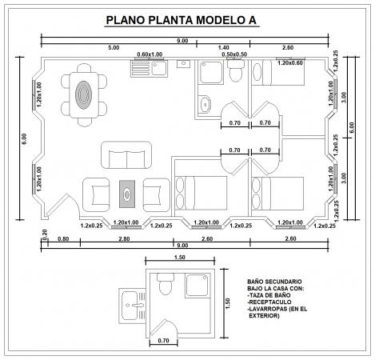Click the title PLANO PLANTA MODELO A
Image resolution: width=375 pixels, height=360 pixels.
[x=182, y=20]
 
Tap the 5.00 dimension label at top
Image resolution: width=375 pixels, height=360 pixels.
[x=114, y=48]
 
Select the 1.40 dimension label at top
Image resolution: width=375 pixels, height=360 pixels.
[x=223, y=48]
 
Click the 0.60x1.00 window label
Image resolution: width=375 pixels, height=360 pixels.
[x=150, y=54]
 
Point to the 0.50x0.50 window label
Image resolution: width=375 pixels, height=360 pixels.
[x=234, y=54]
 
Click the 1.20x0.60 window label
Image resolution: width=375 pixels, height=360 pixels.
[x=290, y=63]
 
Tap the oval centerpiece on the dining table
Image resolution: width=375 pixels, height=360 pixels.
[x=83, y=94]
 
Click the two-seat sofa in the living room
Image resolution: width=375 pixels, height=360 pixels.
[x=126, y=155]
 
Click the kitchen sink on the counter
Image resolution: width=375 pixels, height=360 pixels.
[x=159, y=68]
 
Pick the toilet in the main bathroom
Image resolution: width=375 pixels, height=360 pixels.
[x=235, y=71]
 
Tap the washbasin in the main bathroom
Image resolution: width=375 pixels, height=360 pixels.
[x=205, y=104]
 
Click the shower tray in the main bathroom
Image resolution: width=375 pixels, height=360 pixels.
[x=211, y=72]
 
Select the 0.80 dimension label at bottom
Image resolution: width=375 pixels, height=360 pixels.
[x=63, y=238]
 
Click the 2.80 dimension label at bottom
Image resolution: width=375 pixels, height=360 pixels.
[x=124, y=238]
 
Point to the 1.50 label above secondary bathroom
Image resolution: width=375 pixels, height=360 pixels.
[x=180, y=258]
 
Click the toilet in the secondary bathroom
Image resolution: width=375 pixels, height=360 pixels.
[x=166, y=283]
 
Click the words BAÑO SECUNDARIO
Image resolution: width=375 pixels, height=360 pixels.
[x=274, y=282]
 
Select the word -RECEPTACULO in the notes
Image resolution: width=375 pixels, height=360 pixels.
[x=269, y=302]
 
